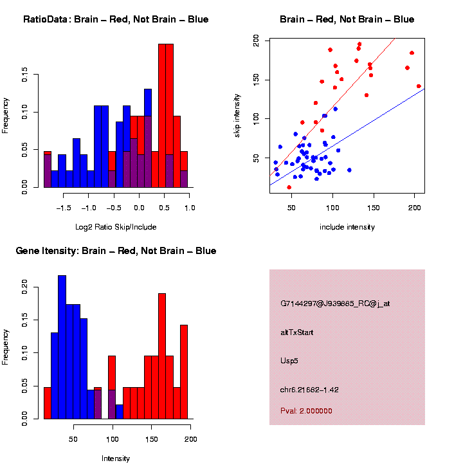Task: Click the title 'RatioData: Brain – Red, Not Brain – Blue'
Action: click(116, 19)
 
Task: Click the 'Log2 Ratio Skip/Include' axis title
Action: click(116, 227)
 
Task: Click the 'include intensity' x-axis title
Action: click(347, 227)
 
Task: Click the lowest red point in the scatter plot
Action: click(289, 187)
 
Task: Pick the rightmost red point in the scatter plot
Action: click(419, 86)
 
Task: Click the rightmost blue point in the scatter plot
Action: click(349, 170)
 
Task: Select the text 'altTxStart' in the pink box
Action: click(297, 332)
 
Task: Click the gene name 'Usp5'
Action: click(289, 361)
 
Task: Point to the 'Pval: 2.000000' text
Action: click(306, 410)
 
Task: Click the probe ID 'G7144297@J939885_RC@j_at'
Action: click(334, 304)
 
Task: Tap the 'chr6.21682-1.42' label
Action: click(309, 389)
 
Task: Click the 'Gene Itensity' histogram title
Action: click(116, 251)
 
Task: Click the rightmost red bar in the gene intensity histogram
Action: click(184, 372)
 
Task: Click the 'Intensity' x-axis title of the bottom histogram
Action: click(116, 458)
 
